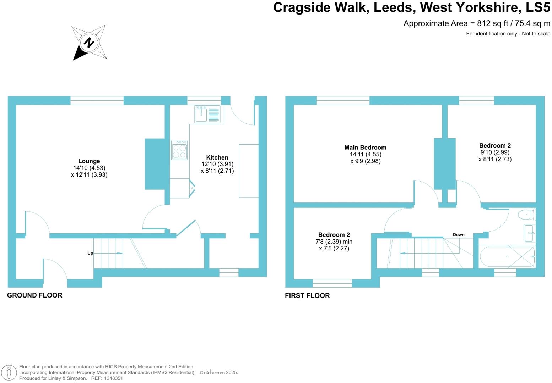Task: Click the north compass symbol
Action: tap(89, 43)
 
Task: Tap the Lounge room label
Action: tap(89, 161)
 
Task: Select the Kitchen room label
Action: tap(217, 157)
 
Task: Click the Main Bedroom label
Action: tap(365, 148)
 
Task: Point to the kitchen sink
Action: tap(207, 114)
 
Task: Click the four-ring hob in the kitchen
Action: tap(179, 150)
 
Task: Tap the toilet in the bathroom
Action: tap(526, 215)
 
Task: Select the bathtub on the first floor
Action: tap(507, 256)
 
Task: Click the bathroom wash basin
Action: tap(529, 233)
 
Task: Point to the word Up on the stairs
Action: tap(90, 253)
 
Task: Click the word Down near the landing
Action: tap(458, 235)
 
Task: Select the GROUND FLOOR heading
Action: tap(34, 295)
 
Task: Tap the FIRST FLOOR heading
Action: tap(307, 295)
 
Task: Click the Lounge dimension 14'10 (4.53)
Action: tap(89, 168)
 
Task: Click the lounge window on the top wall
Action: tap(97, 100)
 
